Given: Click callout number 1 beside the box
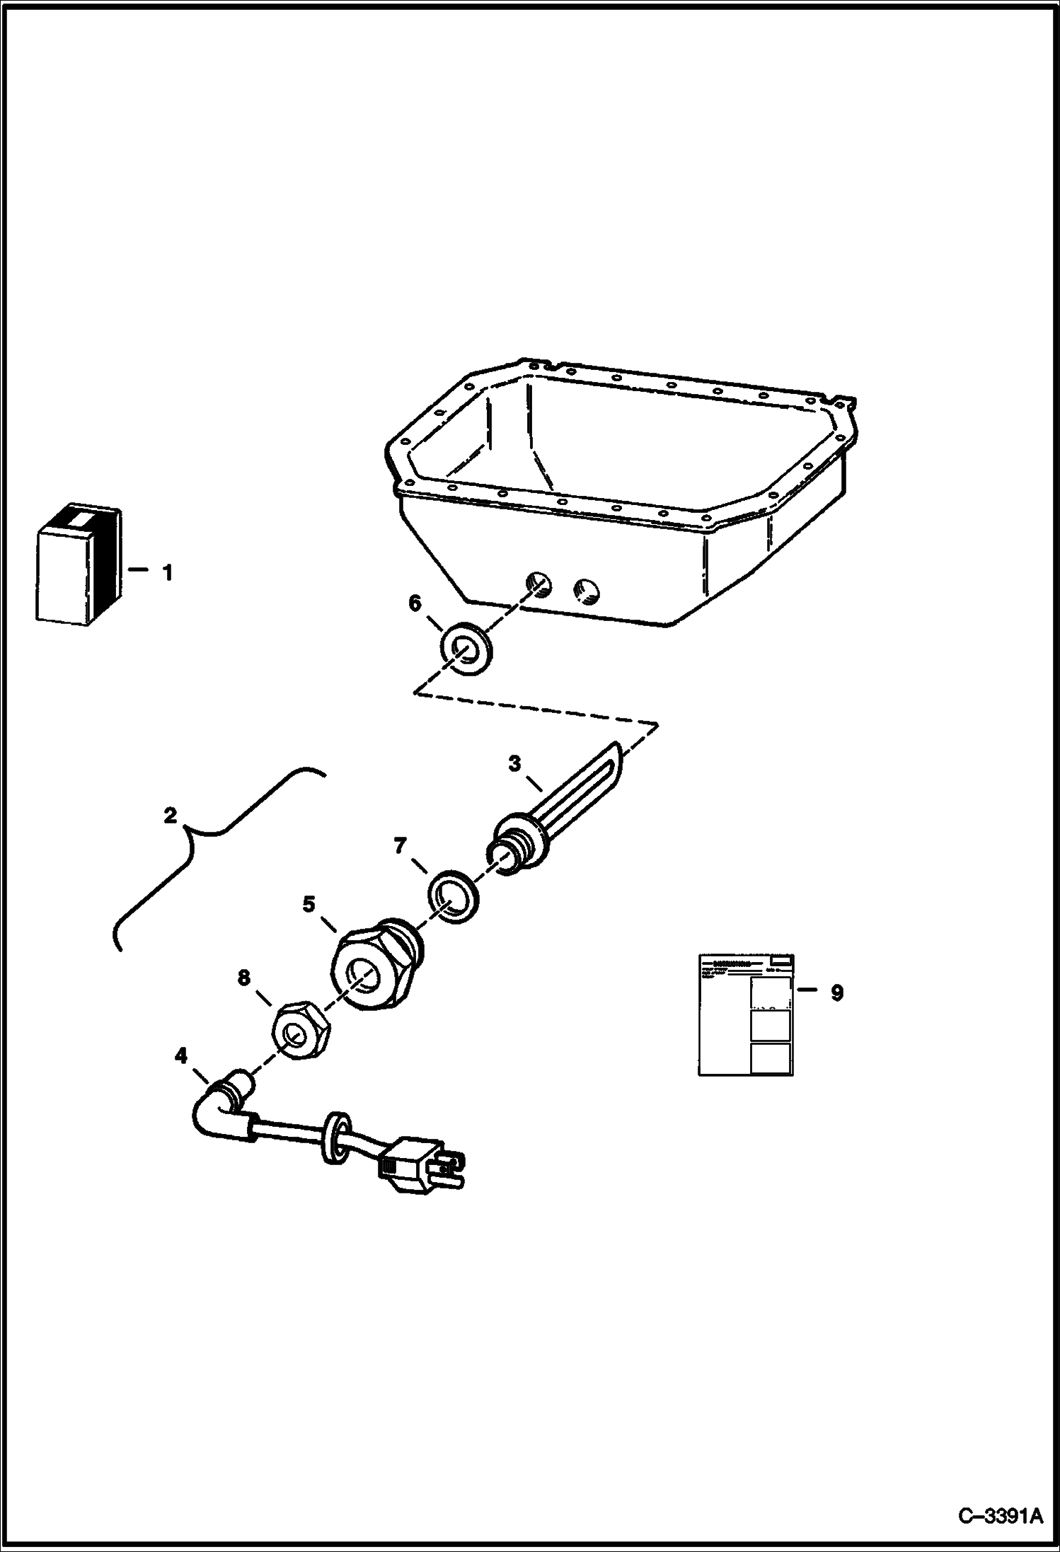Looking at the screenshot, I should (168, 573).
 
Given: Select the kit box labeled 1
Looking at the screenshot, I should (78, 565).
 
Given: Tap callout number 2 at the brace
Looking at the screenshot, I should (170, 816).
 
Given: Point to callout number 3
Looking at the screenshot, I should (514, 764).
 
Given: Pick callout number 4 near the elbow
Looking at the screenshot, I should (181, 1056).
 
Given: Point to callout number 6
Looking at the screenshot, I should (415, 603).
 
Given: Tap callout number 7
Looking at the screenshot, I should (401, 845).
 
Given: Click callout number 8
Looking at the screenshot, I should (243, 978).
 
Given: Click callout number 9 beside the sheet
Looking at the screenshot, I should (836, 993).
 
